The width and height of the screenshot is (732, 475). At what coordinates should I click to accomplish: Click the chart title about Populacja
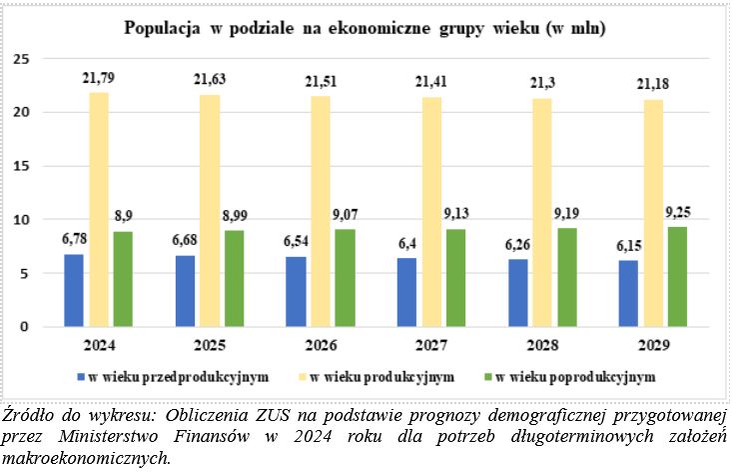pos(366,28)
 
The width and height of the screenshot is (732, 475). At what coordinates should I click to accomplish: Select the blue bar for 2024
pos(74,290)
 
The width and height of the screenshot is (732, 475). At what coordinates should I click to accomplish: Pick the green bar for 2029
pos(678,277)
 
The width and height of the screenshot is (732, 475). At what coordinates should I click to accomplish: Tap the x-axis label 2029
pos(654,345)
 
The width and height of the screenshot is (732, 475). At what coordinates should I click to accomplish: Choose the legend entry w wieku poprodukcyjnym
pos(574,377)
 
